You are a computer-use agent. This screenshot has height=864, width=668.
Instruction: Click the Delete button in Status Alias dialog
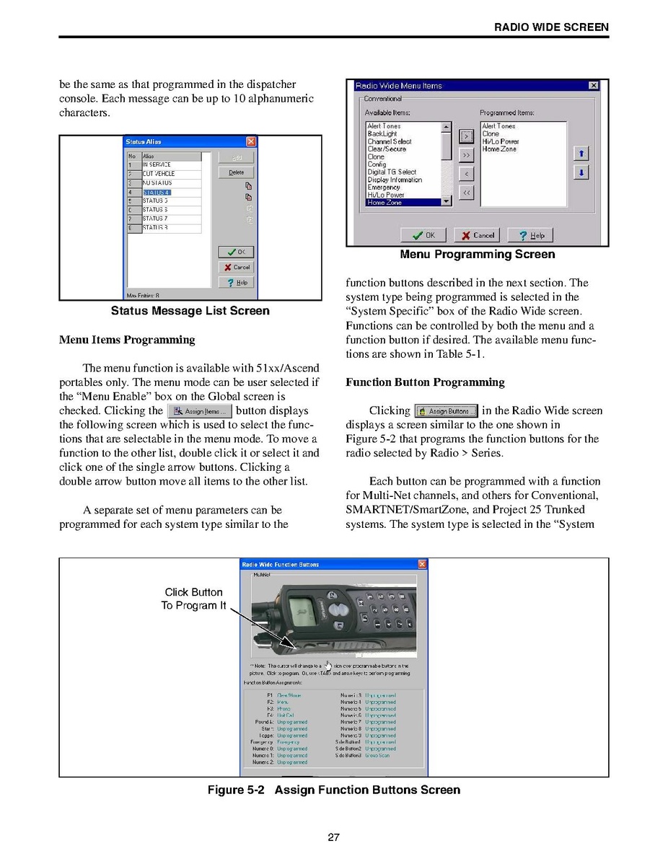[x=236, y=172]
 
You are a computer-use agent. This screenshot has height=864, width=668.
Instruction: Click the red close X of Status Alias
[x=251, y=141]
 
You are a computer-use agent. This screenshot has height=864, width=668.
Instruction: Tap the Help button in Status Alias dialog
[x=236, y=283]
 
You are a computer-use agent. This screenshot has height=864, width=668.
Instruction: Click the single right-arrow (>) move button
[x=466, y=136]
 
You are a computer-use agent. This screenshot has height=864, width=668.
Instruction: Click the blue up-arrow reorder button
[x=581, y=153]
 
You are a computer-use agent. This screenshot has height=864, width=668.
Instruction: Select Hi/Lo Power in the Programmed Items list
[x=500, y=141]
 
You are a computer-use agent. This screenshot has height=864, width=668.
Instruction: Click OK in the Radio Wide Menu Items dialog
[x=423, y=235]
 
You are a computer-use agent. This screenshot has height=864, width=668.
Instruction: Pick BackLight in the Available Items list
[x=382, y=133]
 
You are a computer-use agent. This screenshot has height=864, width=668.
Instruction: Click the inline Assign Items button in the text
[x=200, y=412]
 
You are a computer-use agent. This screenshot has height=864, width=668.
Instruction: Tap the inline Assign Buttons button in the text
[x=447, y=411]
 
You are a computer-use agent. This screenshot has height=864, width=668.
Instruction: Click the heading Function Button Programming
[x=425, y=382]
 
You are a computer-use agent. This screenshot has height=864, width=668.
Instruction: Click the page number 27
[x=333, y=837]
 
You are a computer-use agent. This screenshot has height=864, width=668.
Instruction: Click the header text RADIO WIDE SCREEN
[x=551, y=27]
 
